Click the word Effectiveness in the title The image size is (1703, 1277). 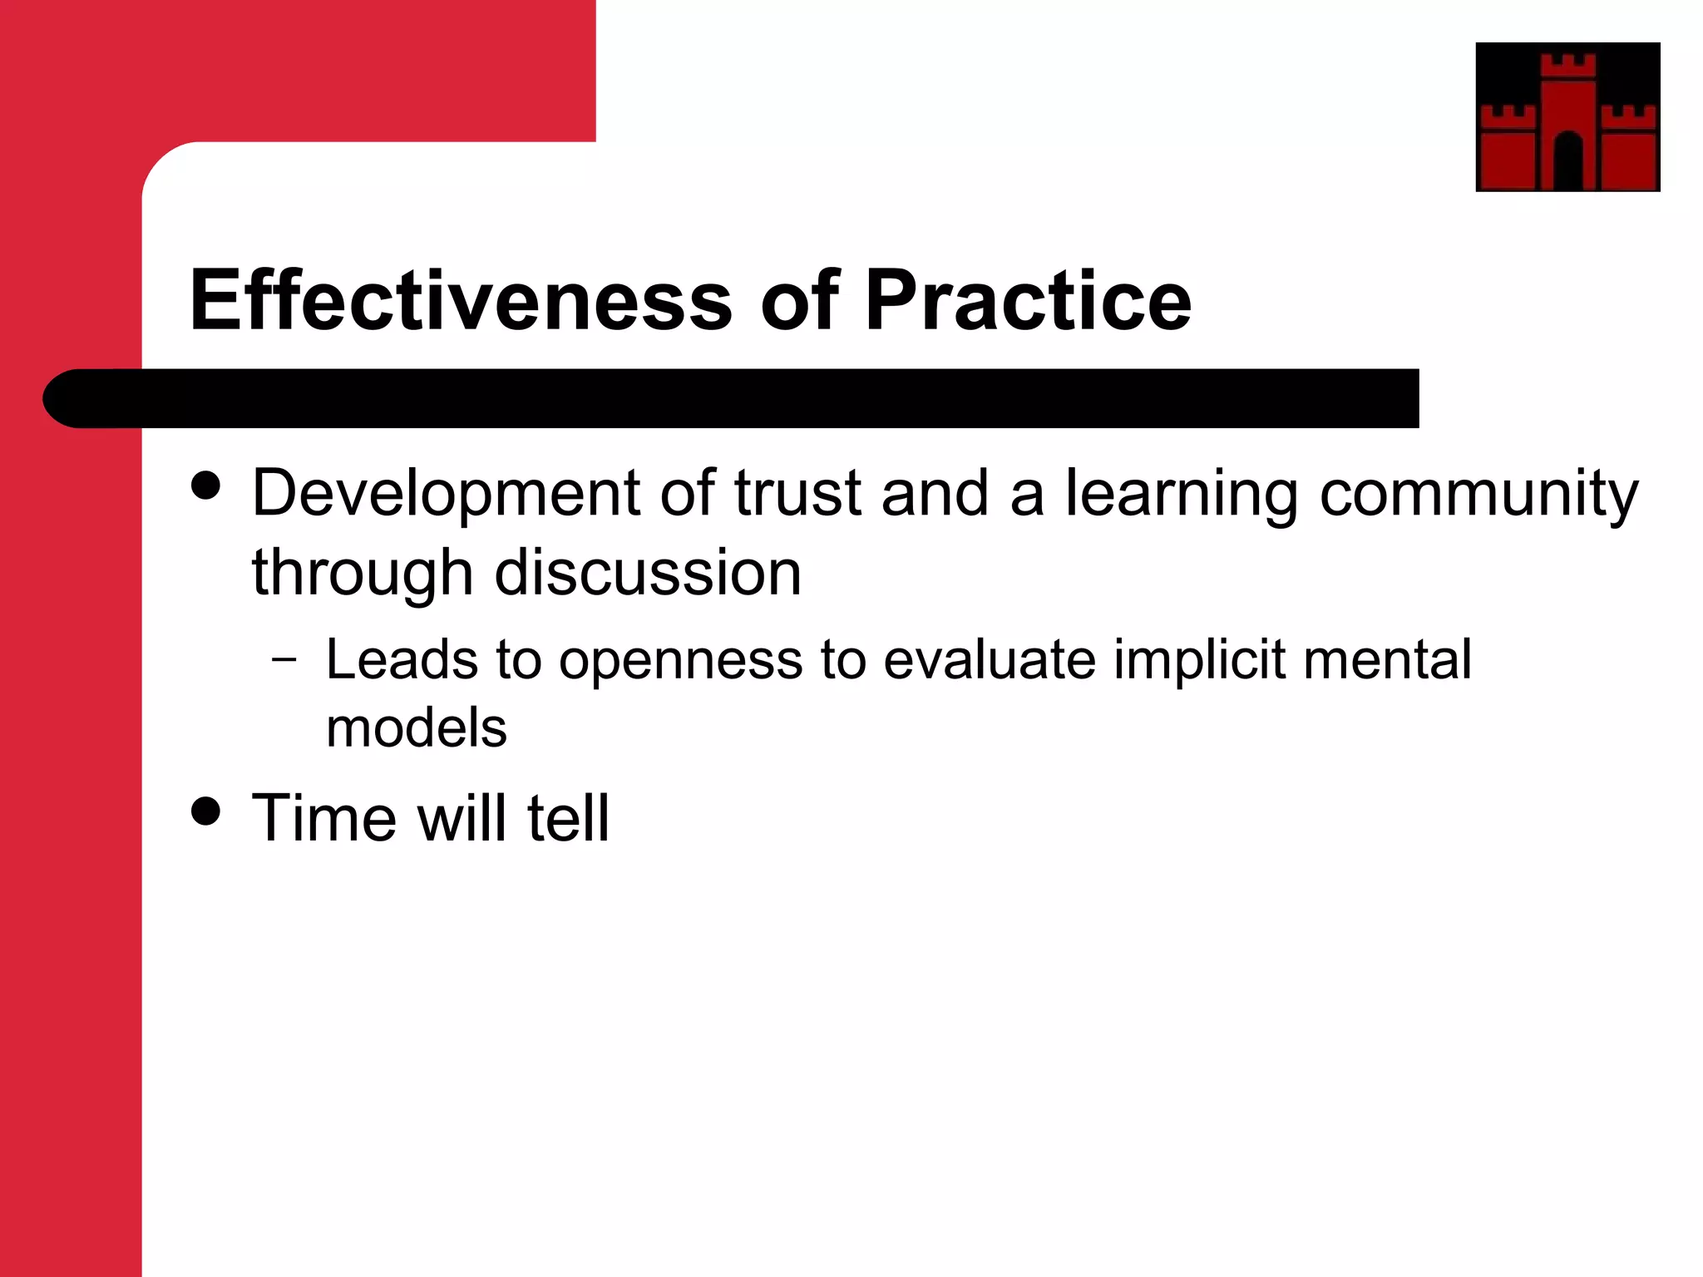[461, 301]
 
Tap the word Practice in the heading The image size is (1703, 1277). [1028, 301]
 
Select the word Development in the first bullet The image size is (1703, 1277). [445, 495]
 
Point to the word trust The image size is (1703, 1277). [797, 493]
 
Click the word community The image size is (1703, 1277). [1478, 495]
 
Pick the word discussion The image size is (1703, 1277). [648, 573]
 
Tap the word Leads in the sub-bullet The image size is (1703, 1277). [402, 660]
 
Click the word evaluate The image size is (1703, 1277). [990, 660]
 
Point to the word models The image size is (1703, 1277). [416, 728]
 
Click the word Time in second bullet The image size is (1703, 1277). [324, 818]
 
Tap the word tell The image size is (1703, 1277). [568, 818]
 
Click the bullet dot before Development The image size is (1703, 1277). [205, 486]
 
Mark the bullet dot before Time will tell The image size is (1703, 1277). [205, 811]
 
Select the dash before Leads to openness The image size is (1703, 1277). [284, 661]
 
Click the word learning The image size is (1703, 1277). [1181, 495]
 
